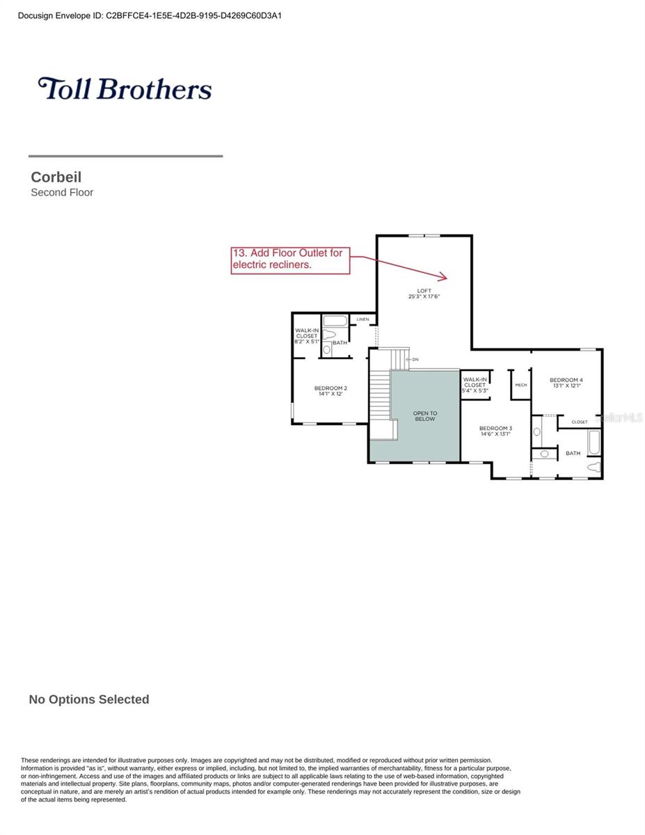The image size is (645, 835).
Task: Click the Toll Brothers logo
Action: tap(125, 89)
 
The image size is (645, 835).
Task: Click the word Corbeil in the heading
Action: tap(56, 177)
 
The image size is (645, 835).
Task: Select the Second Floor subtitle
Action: tap(62, 193)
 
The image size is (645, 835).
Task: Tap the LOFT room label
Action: tap(424, 290)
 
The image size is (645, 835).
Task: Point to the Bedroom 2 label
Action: tap(331, 388)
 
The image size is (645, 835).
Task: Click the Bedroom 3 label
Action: tap(495, 428)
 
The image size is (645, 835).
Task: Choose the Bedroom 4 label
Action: tap(566, 380)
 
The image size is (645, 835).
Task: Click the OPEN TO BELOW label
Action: tap(425, 416)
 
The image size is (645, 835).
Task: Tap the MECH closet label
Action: tap(521, 385)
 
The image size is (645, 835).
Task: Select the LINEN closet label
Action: tap(363, 319)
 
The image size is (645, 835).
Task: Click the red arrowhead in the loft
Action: tap(444, 276)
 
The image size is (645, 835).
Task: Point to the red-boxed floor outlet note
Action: tap(290, 260)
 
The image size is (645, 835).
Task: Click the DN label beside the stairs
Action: tap(415, 359)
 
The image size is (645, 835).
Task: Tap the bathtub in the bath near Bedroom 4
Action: tap(593, 443)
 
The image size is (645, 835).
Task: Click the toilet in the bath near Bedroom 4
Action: tap(593, 467)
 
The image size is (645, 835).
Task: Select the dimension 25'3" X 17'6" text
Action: tap(424, 297)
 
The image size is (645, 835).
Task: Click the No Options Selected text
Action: tap(89, 699)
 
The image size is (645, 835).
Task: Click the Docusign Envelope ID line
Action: tap(150, 15)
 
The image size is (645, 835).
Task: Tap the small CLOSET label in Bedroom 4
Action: tap(580, 422)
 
